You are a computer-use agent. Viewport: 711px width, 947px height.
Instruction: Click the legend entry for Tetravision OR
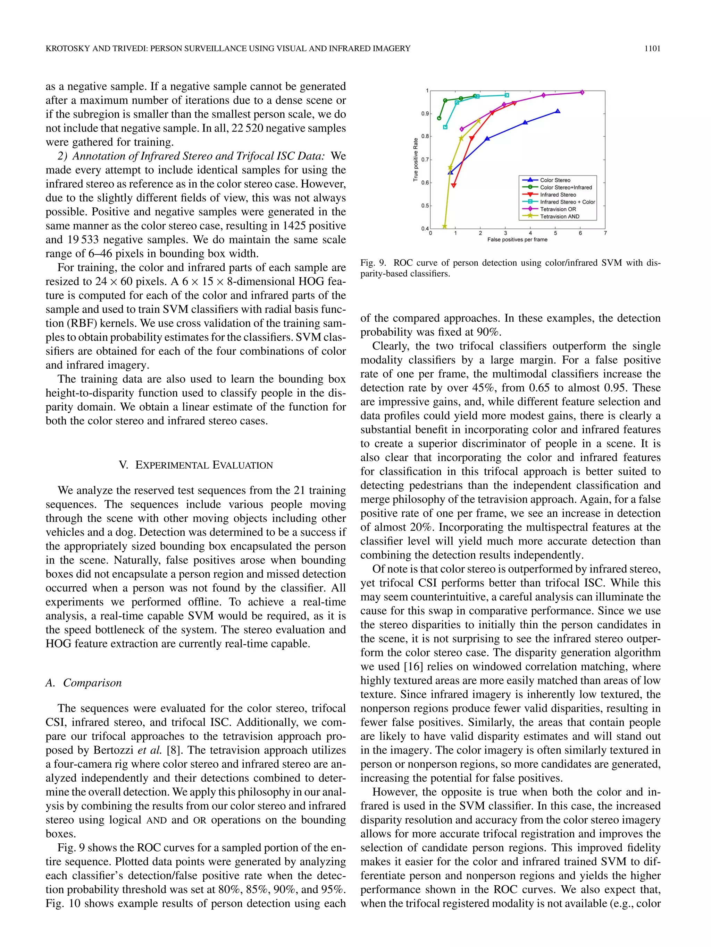click(558, 209)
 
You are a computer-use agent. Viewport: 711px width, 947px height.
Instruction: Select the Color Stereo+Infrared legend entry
click(566, 187)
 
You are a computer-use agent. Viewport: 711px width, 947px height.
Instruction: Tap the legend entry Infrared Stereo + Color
click(567, 202)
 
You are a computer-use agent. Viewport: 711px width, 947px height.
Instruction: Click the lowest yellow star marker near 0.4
click(444, 226)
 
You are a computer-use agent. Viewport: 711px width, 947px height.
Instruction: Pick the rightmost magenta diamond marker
click(582, 92)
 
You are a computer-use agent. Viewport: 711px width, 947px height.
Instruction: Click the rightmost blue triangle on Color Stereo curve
click(557, 111)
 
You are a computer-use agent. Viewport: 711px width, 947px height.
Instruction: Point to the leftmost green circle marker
click(439, 118)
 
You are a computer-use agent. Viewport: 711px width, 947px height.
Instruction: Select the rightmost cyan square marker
click(507, 95)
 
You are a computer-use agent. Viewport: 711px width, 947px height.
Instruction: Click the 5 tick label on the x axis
click(555, 233)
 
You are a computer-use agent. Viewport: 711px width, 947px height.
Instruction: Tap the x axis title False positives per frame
click(517, 240)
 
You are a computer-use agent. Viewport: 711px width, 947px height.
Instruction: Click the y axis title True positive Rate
click(415, 159)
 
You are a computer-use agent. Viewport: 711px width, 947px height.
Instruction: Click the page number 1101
click(652, 49)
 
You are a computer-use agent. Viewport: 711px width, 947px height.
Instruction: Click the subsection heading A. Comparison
click(84, 682)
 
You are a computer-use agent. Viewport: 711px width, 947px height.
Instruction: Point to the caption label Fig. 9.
click(373, 263)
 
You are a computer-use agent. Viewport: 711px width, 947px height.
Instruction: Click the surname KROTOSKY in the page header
click(67, 49)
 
